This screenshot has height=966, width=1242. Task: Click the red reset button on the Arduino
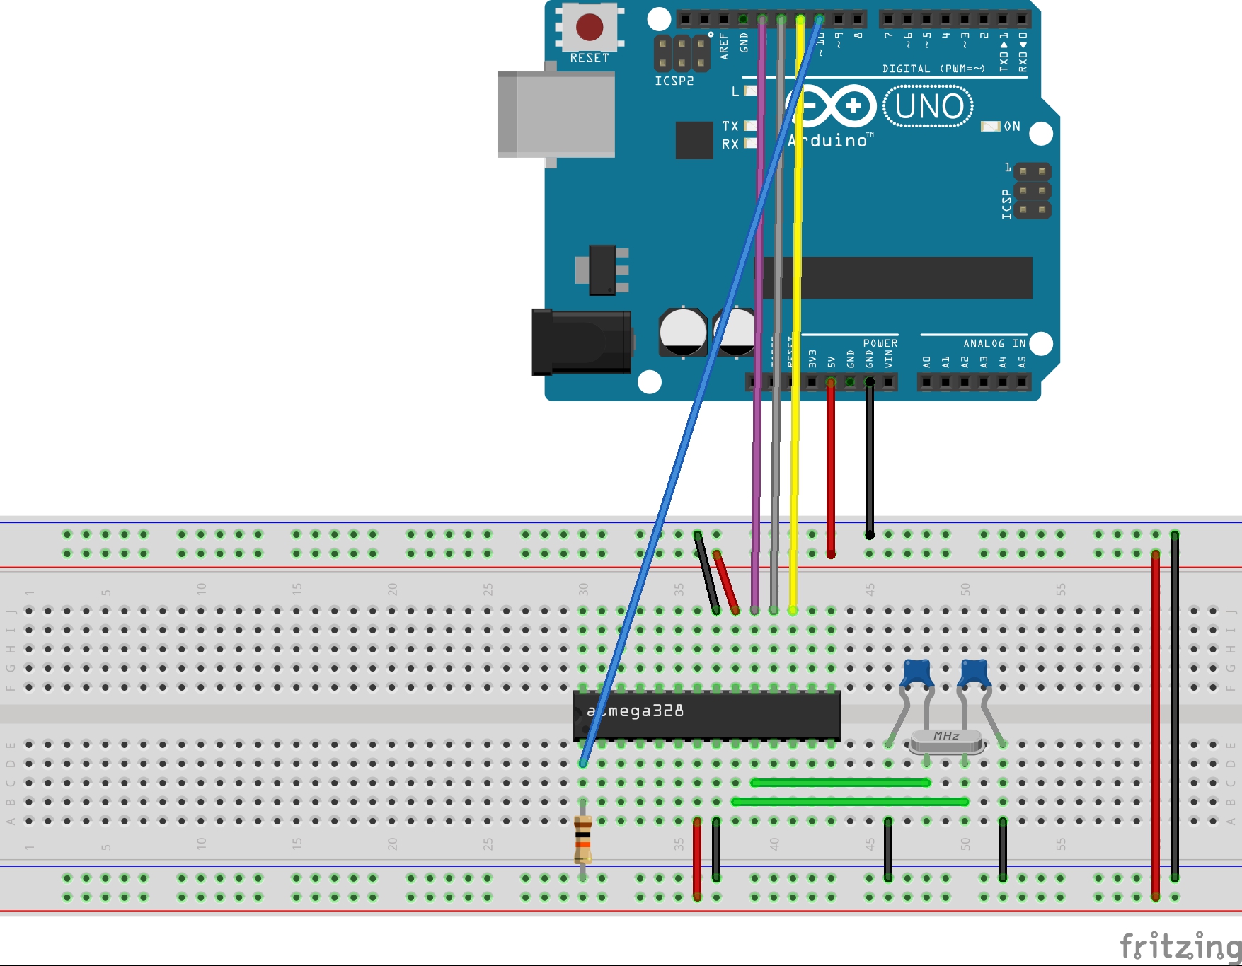(589, 28)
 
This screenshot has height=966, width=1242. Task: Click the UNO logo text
(928, 107)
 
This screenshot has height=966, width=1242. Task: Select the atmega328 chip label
(636, 711)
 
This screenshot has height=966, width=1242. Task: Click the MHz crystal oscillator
(946, 740)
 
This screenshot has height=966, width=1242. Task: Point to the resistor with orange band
(582, 839)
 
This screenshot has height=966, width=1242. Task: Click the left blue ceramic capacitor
(917, 672)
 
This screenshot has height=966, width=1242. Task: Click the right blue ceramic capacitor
(974, 672)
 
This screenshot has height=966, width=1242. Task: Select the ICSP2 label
(674, 81)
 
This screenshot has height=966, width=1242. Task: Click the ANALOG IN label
(994, 343)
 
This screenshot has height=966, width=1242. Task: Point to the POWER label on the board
(880, 343)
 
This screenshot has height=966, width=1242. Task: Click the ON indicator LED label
(1011, 127)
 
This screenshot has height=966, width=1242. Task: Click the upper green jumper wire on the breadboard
(840, 783)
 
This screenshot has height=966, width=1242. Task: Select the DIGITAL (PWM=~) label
(933, 69)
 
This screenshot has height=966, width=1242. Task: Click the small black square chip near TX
(694, 140)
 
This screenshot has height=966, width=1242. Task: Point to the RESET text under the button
(589, 58)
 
